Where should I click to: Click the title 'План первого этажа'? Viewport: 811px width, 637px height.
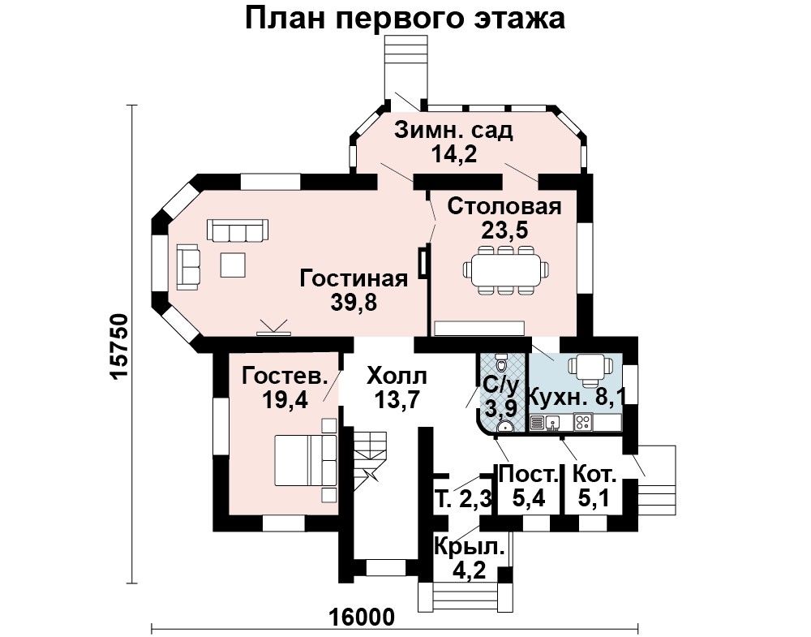click(x=405, y=18)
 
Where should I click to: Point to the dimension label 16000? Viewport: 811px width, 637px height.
click(x=362, y=617)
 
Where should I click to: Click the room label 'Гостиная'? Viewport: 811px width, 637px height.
click(x=354, y=278)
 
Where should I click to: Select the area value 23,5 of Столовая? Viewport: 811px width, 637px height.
click(x=504, y=230)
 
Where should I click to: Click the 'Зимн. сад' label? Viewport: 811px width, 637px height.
click(x=453, y=131)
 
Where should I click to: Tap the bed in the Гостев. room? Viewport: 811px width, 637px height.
click(x=305, y=460)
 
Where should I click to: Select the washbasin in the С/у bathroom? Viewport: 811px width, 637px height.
click(x=504, y=426)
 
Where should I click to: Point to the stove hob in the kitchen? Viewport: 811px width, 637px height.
click(x=584, y=423)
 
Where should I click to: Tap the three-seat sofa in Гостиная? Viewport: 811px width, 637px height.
click(x=238, y=230)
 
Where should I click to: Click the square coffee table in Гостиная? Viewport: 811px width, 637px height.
click(x=234, y=264)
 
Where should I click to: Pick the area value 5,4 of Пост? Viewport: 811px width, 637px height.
click(x=528, y=497)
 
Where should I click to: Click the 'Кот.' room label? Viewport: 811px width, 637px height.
click(x=594, y=473)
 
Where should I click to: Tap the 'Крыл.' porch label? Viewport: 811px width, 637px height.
click(x=469, y=547)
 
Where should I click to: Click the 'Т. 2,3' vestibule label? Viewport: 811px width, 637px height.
click(x=462, y=500)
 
